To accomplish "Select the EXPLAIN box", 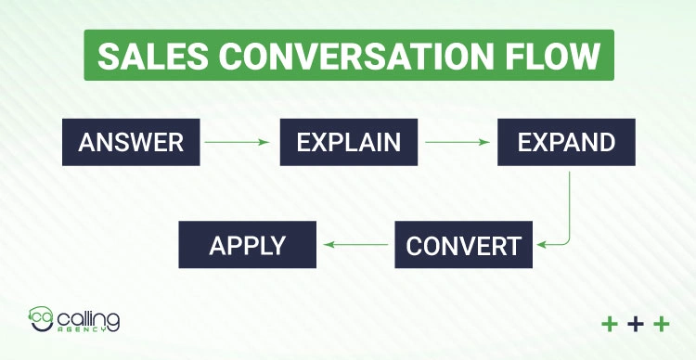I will [x=348, y=142].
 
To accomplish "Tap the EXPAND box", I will [x=566, y=142].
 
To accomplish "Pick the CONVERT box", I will [x=464, y=246].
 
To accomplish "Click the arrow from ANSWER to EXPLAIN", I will [x=236, y=142].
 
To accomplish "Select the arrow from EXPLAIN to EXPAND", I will [x=457, y=142].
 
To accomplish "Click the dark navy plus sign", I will [x=636, y=324].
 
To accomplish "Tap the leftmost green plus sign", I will [x=610, y=324].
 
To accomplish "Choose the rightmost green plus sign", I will [x=662, y=324].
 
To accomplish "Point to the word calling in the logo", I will [x=87, y=317].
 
